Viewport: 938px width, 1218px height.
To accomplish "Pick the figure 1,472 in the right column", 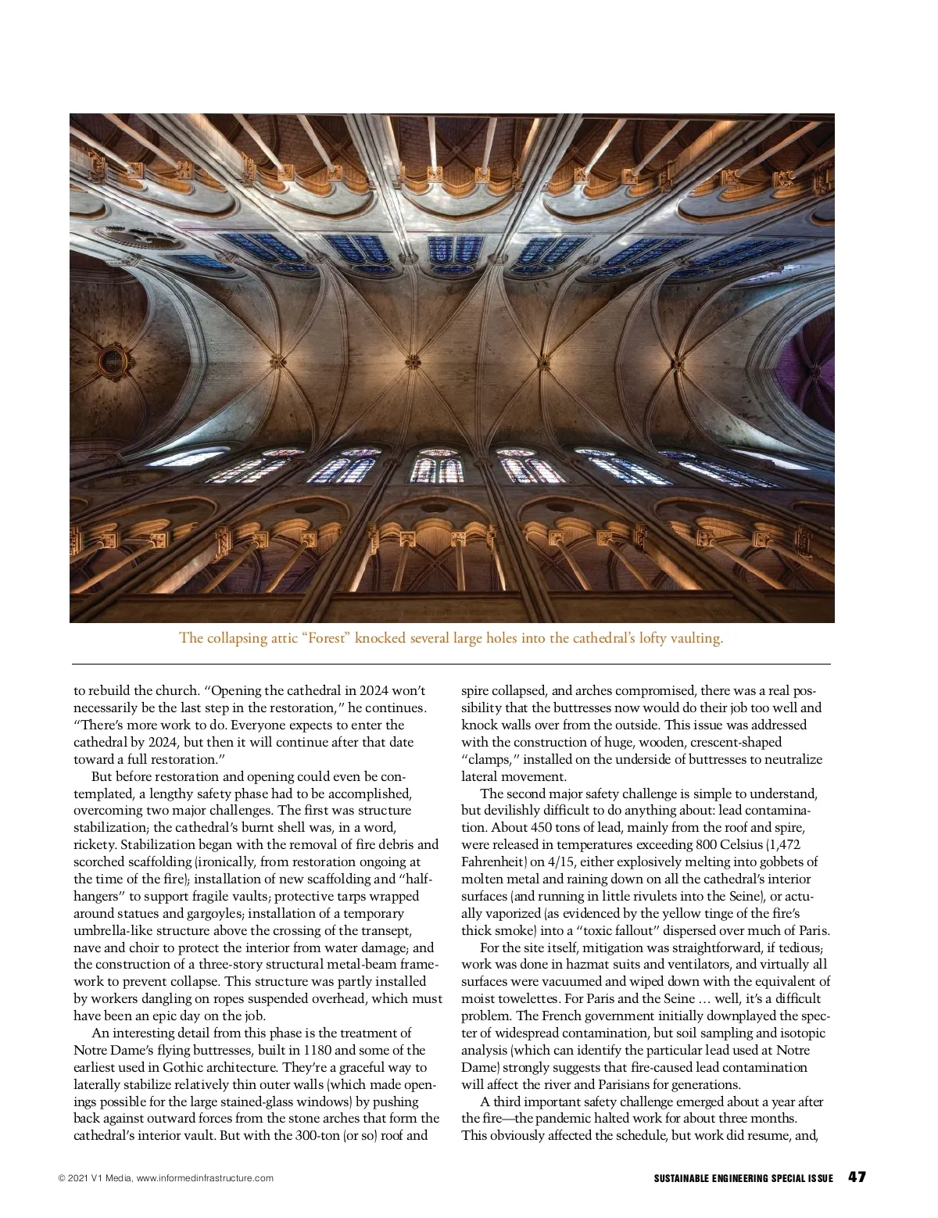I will tap(782, 844).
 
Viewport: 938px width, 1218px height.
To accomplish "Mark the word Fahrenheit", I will tap(492, 862).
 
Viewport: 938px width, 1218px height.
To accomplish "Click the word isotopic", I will tap(802, 1033).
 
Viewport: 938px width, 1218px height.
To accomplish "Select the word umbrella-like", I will tap(112, 930).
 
